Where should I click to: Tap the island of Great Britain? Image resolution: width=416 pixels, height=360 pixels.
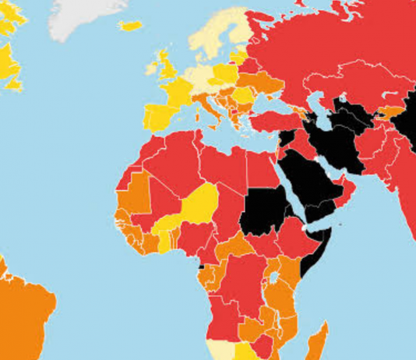pyautogui.click(x=167, y=67)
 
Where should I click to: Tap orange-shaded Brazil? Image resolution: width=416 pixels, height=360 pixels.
pyautogui.click(x=23, y=312)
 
